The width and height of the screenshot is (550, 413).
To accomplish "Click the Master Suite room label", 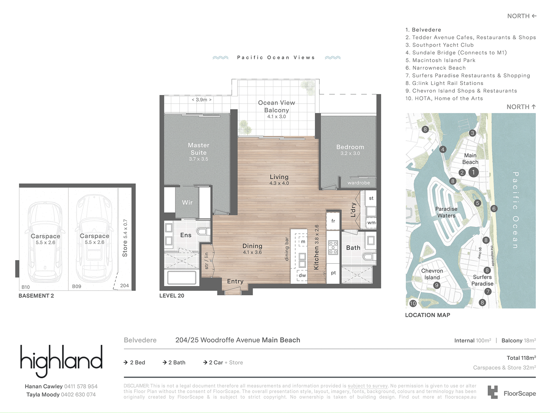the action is tap(198, 149).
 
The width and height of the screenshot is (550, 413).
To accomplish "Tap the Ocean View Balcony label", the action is tap(276, 106).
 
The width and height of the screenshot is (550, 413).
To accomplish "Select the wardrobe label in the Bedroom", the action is tap(359, 183).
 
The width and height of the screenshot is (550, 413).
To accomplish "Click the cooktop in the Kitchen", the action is tap(333, 247).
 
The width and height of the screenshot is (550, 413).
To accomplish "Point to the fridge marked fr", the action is tap(333, 221).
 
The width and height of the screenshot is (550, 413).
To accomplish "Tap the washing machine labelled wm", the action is tap(371, 223).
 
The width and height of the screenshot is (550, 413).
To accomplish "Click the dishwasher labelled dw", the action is tap(302, 275).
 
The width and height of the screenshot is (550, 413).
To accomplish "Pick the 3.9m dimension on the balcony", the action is tap(201, 100).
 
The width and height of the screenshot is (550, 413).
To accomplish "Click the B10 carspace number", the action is tap(25, 287).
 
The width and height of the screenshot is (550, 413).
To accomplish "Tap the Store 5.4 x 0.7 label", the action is tap(125, 238).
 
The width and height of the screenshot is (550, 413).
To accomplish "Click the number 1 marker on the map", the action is tap(473, 172).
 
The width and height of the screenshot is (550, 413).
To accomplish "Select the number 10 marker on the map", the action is tap(413, 304).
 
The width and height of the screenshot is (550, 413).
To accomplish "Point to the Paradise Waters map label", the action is tap(446, 212).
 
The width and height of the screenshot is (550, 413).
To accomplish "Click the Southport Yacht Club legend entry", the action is tap(440, 45).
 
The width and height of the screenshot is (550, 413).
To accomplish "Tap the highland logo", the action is tap(61, 361).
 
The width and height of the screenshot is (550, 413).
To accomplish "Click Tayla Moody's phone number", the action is tap(78, 394).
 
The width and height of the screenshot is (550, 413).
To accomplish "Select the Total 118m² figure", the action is tap(521, 358).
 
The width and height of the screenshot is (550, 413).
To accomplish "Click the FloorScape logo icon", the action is tap(492, 392).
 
